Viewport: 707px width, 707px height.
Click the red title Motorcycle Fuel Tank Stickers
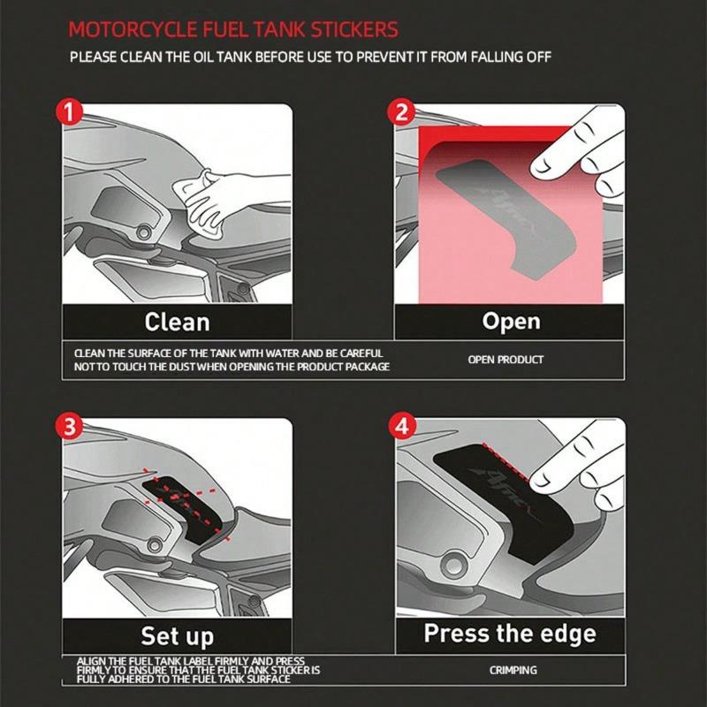point(233,29)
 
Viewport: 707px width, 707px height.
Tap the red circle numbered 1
point(70,113)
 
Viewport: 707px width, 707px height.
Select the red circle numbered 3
point(70,427)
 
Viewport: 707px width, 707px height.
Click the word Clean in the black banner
point(177,321)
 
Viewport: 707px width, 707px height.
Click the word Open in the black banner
point(511,321)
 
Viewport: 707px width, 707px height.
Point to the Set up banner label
point(177,635)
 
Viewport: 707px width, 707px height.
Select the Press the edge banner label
point(510,634)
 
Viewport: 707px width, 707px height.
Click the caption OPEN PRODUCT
point(506,360)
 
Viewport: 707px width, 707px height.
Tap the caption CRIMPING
point(513,671)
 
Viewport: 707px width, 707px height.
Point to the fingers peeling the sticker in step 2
point(574,159)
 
